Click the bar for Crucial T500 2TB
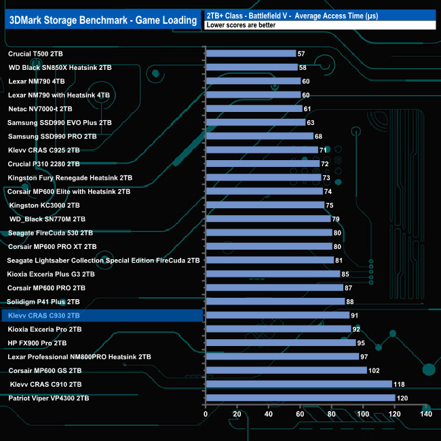[x=250, y=53]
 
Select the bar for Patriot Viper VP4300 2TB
[x=300, y=398]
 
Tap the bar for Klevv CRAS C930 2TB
[x=277, y=315]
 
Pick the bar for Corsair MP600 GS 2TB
[x=286, y=370]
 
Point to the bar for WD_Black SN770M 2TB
[x=267, y=218]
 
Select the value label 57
[x=301, y=53]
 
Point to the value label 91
[x=355, y=315]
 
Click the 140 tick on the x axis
[x=426, y=414]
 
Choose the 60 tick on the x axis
[x=300, y=414]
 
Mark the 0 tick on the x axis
[x=206, y=414]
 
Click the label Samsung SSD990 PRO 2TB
[x=52, y=136]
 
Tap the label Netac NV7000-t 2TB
[x=49, y=109]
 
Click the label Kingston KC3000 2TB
[x=44, y=205]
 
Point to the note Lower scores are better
[x=240, y=25]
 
